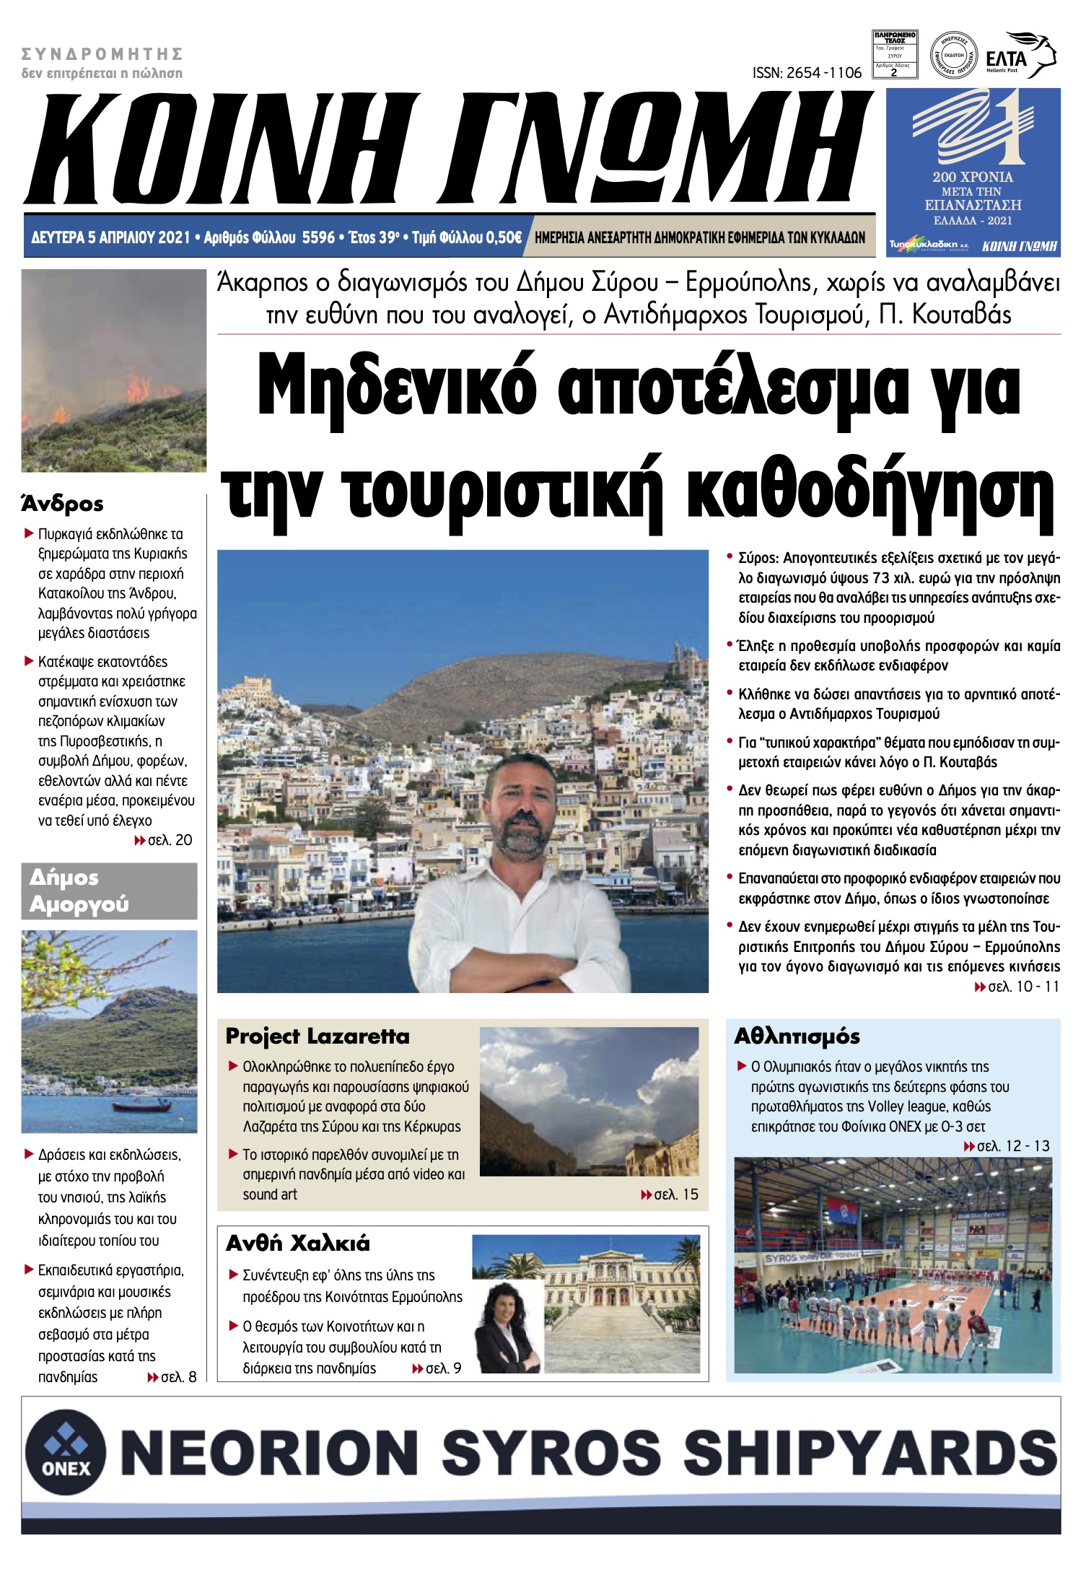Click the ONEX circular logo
(66, 1451)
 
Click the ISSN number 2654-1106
(807, 73)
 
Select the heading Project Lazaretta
(318, 1036)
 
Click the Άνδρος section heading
(62, 503)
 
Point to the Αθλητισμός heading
(797, 1036)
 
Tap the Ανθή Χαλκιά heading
(297, 1243)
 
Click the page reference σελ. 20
(164, 840)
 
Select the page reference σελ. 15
(670, 1194)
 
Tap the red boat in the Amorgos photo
(141, 1106)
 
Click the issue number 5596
(318, 237)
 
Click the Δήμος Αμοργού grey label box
(108, 891)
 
